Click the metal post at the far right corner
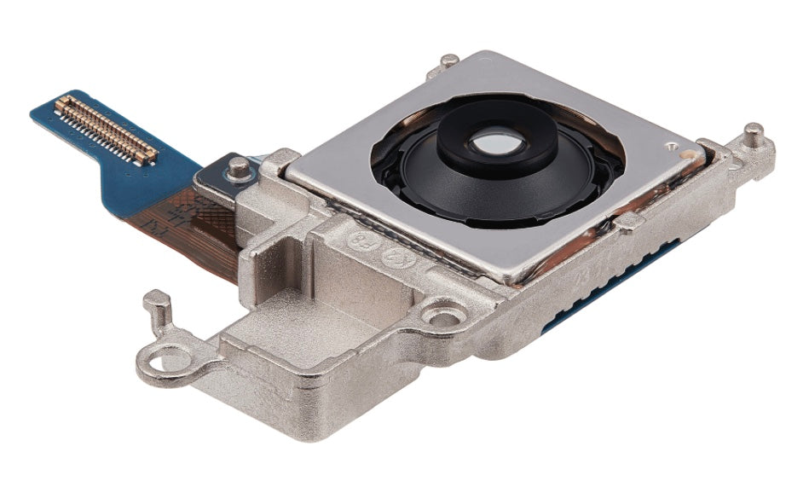point(754,136)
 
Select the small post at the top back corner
point(449,61)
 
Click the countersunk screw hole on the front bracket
point(443,316)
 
